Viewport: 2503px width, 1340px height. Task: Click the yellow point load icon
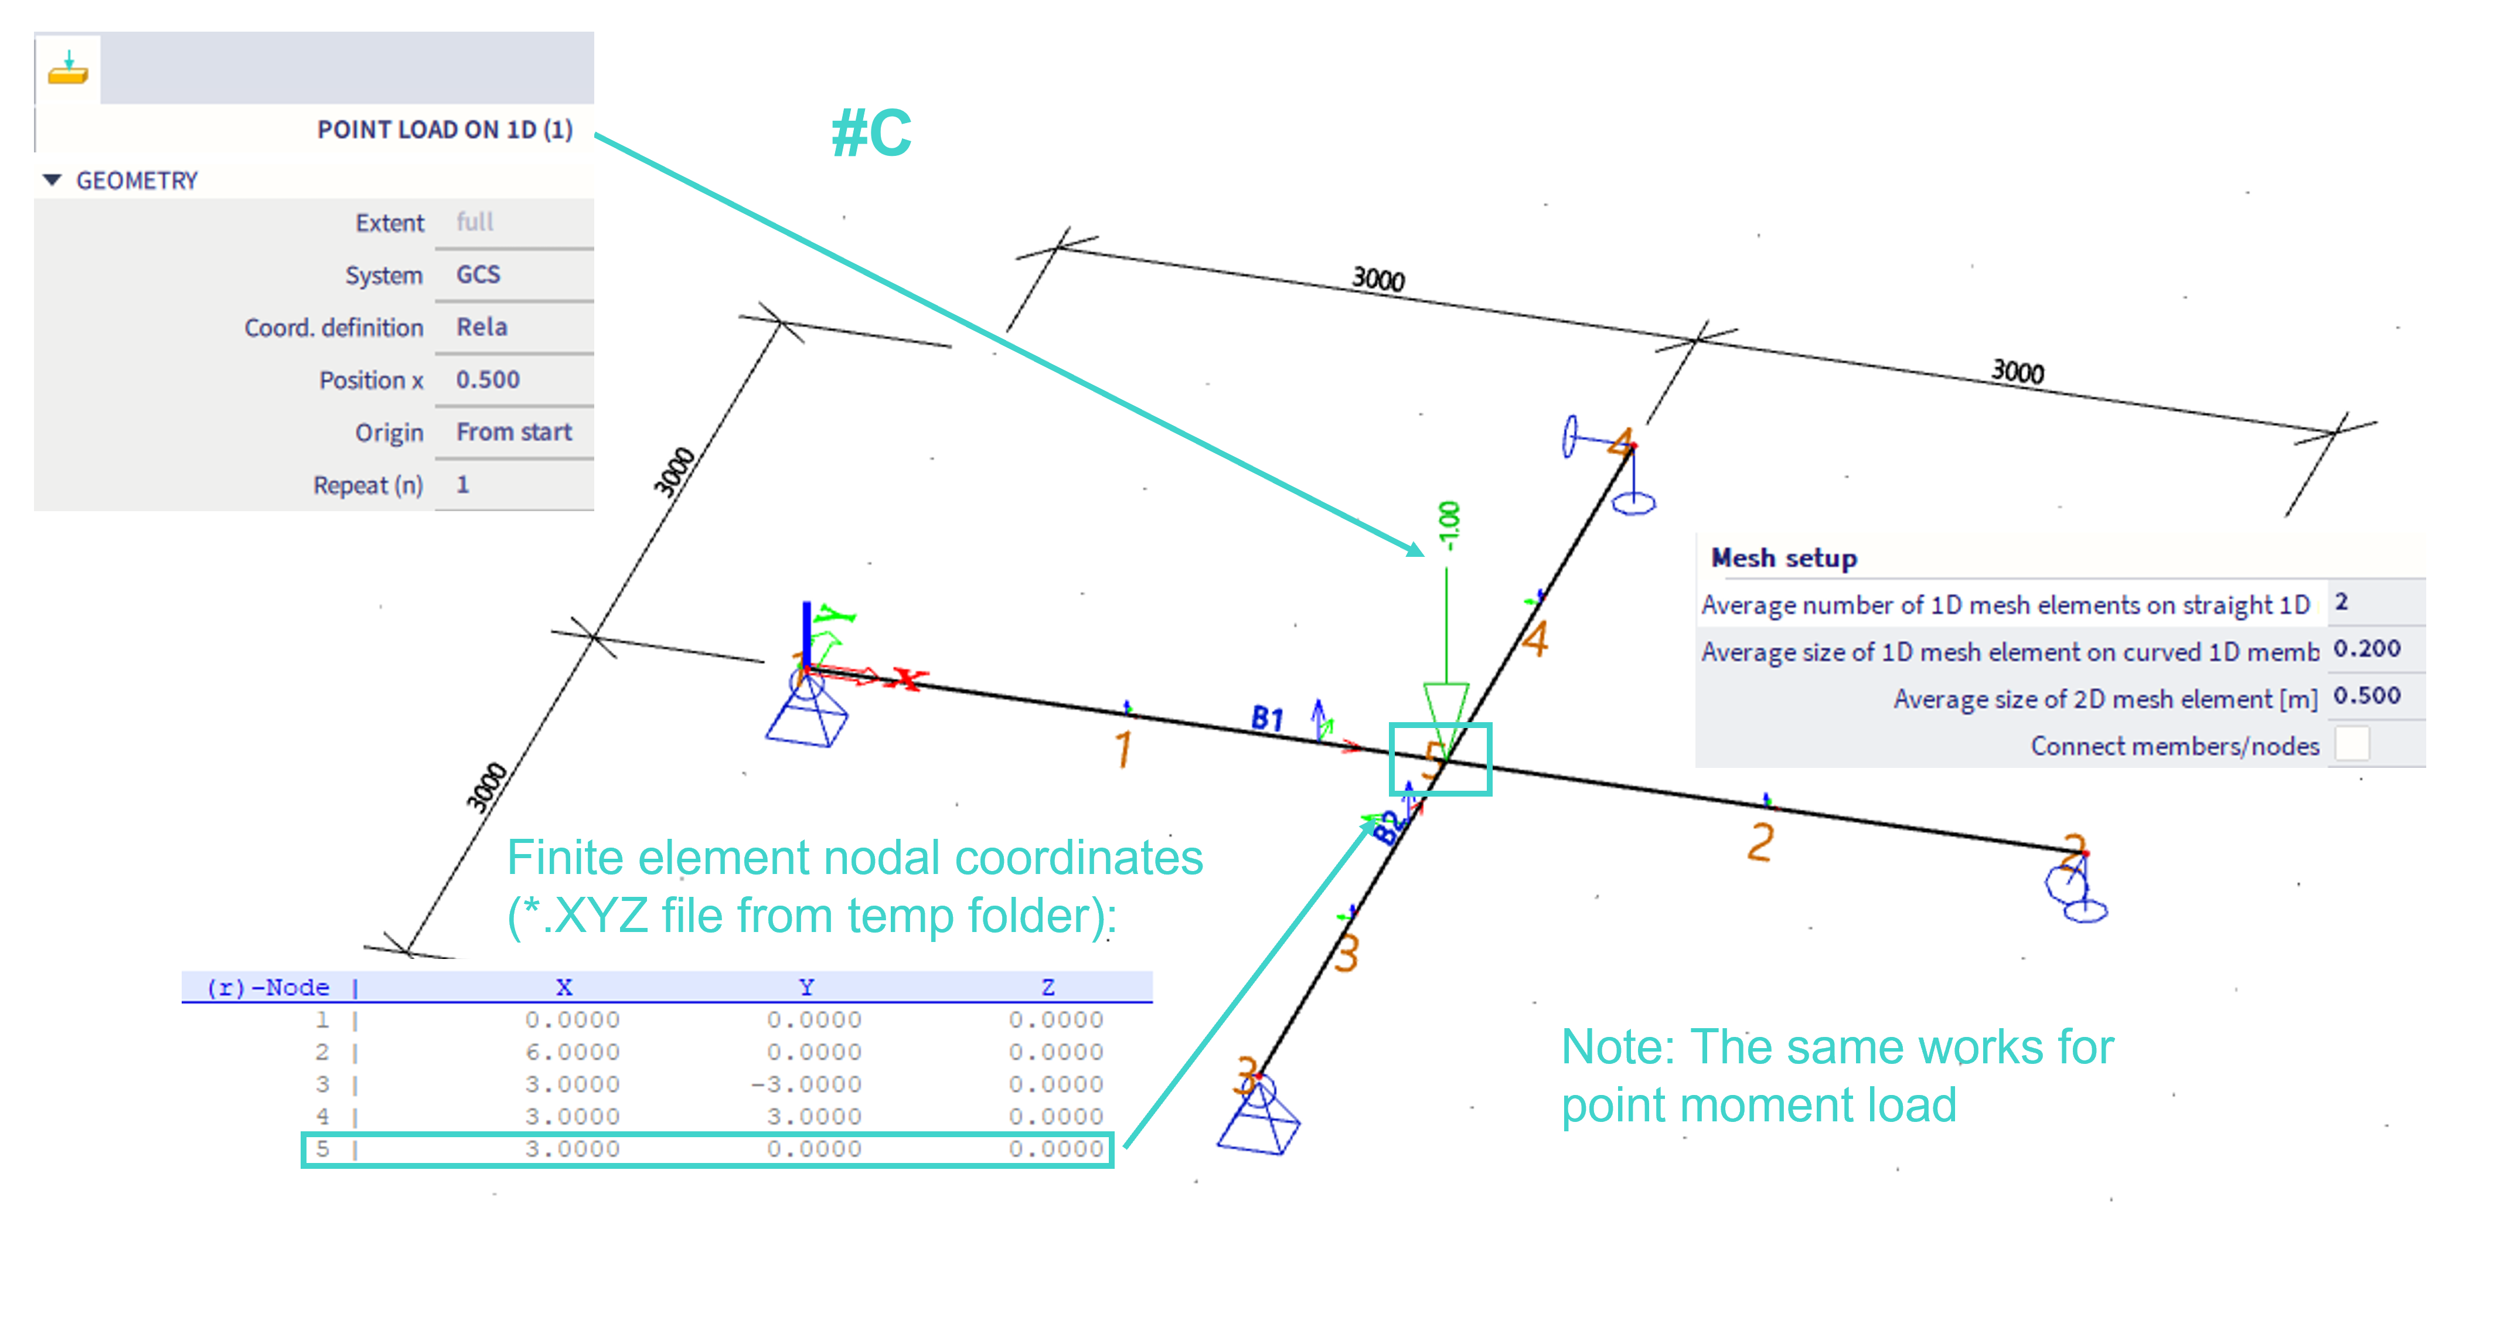pos(68,69)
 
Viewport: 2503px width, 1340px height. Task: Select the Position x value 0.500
pos(488,380)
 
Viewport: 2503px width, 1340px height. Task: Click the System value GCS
pos(478,275)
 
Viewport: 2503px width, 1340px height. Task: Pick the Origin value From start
pos(514,433)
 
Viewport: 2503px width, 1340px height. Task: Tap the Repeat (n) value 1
pos(464,485)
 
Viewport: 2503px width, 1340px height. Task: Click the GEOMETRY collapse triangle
pos(53,181)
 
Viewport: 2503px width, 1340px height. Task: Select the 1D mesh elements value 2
pos(2342,603)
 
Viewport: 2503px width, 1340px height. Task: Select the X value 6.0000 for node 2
pos(573,1052)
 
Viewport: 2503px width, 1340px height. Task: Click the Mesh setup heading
pos(1784,559)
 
